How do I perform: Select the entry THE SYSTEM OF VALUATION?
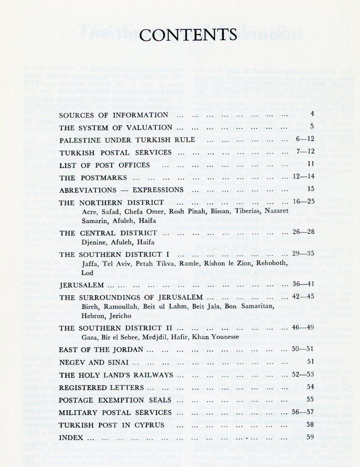pos(115,127)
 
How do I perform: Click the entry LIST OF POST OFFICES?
pos(105,165)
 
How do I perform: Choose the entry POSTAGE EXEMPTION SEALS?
pos(109,400)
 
